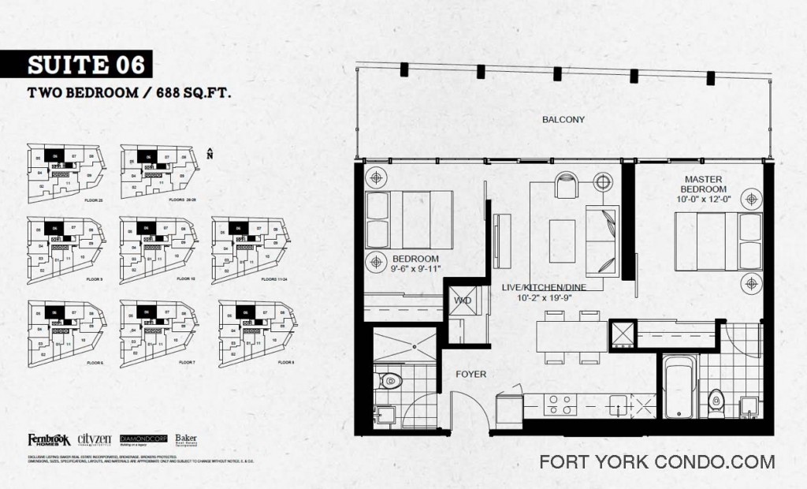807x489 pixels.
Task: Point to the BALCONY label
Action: coord(563,120)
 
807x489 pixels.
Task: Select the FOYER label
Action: coord(470,374)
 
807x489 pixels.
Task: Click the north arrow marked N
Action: coord(210,153)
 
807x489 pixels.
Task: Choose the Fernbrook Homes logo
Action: coord(49,439)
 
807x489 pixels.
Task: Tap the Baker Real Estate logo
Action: coord(186,439)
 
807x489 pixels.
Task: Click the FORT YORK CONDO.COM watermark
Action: coord(657,462)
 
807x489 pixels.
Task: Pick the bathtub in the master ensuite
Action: coord(679,386)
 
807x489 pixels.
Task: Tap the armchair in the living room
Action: coord(566,185)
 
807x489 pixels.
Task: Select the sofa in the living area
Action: coord(603,234)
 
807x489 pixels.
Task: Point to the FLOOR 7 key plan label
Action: coord(187,362)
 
